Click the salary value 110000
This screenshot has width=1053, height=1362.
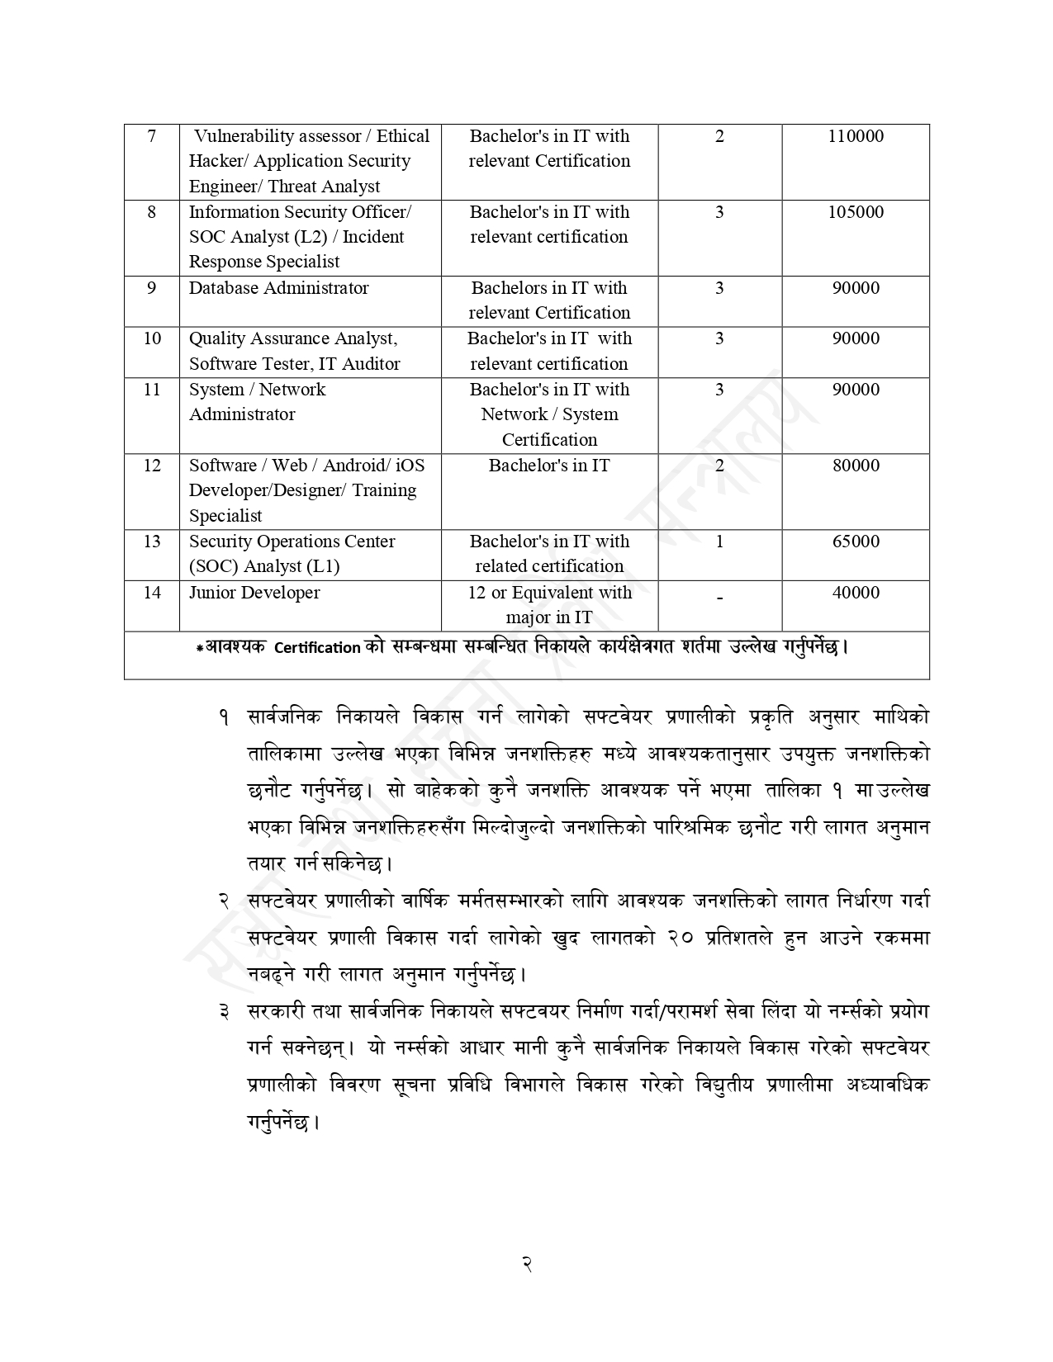click(855, 136)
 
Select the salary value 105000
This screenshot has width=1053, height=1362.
click(855, 212)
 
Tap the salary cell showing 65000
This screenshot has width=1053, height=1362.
click(855, 541)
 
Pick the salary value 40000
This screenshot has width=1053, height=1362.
click(855, 593)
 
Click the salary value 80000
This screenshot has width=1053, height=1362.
click(855, 466)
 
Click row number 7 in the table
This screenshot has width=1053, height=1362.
click(151, 136)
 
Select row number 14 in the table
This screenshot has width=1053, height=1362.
click(152, 593)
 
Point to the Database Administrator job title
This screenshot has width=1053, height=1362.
click(278, 288)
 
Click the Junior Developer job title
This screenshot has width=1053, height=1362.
click(254, 593)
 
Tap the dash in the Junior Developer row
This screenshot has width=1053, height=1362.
click(719, 598)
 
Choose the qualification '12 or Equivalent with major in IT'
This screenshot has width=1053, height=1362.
click(549, 604)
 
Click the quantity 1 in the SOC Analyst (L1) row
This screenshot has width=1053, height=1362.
click(719, 541)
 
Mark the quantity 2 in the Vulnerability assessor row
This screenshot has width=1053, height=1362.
click(719, 136)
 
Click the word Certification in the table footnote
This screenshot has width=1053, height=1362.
click(317, 648)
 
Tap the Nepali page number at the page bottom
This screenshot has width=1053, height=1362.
click(526, 1263)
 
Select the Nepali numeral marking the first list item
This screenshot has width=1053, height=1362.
click(224, 718)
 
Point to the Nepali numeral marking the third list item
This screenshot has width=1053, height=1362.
click(224, 1012)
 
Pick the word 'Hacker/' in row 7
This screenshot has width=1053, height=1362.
click(217, 161)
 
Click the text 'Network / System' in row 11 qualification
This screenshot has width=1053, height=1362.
click(549, 414)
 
